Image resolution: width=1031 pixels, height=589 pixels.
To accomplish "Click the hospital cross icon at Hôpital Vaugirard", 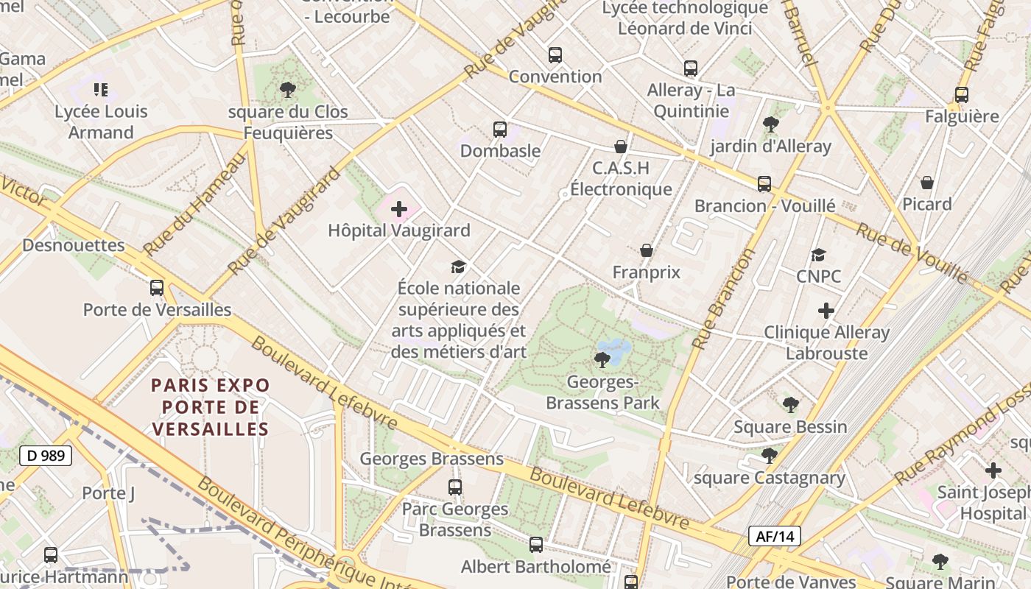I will (398, 210).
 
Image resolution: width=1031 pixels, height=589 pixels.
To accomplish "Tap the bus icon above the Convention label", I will (555, 55).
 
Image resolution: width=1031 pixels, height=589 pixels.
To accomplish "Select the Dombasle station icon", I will (500, 130).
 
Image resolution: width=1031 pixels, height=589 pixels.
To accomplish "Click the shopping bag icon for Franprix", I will (647, 251).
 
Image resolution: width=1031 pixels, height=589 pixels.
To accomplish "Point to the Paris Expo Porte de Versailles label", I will (211, 406).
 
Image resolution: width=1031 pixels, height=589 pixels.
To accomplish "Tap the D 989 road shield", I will (45, 456).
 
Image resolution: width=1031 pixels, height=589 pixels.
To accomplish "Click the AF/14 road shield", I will (775, 536).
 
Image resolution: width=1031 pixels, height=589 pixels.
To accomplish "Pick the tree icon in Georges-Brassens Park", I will (602, 360).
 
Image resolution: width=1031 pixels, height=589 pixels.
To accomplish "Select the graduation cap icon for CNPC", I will (818, 255).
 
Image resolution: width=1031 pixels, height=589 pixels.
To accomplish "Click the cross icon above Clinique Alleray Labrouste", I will (826, 311).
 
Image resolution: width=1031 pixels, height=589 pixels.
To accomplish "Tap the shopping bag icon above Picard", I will (927, 183).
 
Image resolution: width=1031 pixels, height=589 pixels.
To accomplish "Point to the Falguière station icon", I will (962, 95).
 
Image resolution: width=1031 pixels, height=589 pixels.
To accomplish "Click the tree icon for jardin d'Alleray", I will (771, 124).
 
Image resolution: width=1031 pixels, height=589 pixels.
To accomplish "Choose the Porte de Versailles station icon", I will (157, 288).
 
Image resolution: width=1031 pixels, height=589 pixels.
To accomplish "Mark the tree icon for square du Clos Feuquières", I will (288, 91).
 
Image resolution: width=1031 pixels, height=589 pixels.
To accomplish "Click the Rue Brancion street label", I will (725, 298).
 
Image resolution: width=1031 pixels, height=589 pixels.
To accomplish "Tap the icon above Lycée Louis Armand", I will (101, 91).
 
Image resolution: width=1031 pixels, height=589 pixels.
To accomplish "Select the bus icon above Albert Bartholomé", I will (536, 546).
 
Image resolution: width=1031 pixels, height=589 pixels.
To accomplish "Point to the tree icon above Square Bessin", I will (791, 405).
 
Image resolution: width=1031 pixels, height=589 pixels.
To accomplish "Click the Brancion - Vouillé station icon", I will (764, 184).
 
